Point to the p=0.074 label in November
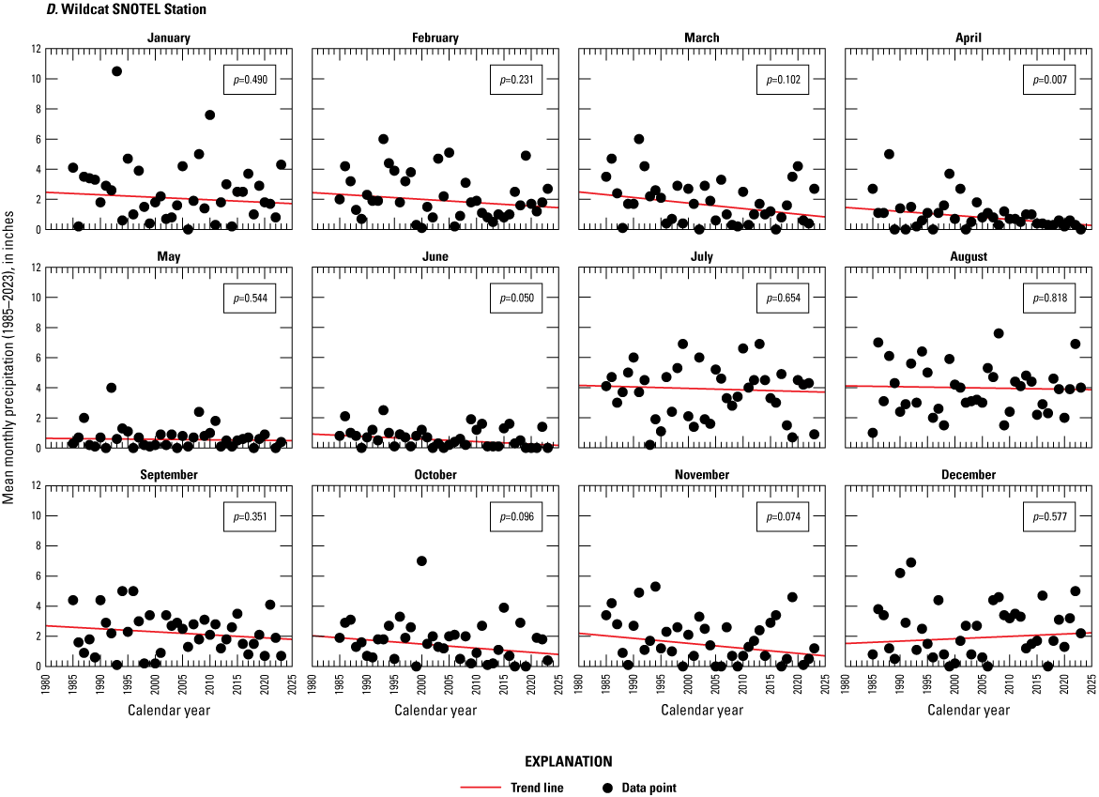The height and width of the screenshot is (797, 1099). (x=780, y=517)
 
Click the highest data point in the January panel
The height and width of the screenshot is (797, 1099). (x=116, y=71)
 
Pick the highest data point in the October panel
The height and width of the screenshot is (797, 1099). (x=421, y=561)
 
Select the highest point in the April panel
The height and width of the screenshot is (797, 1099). (x=889, y=154)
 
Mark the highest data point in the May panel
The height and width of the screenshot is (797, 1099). (x=111, y=388)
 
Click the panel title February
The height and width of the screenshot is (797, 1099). (x=435, y=38)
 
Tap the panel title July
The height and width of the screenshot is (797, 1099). (x=701, y=256)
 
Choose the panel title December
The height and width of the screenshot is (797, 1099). (x=969, y=475)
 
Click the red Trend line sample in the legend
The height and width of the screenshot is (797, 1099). (x=483, y=788)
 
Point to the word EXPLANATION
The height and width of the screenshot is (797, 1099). (x=549, y=761)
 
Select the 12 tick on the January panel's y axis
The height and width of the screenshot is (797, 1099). (x=37, y=49)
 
